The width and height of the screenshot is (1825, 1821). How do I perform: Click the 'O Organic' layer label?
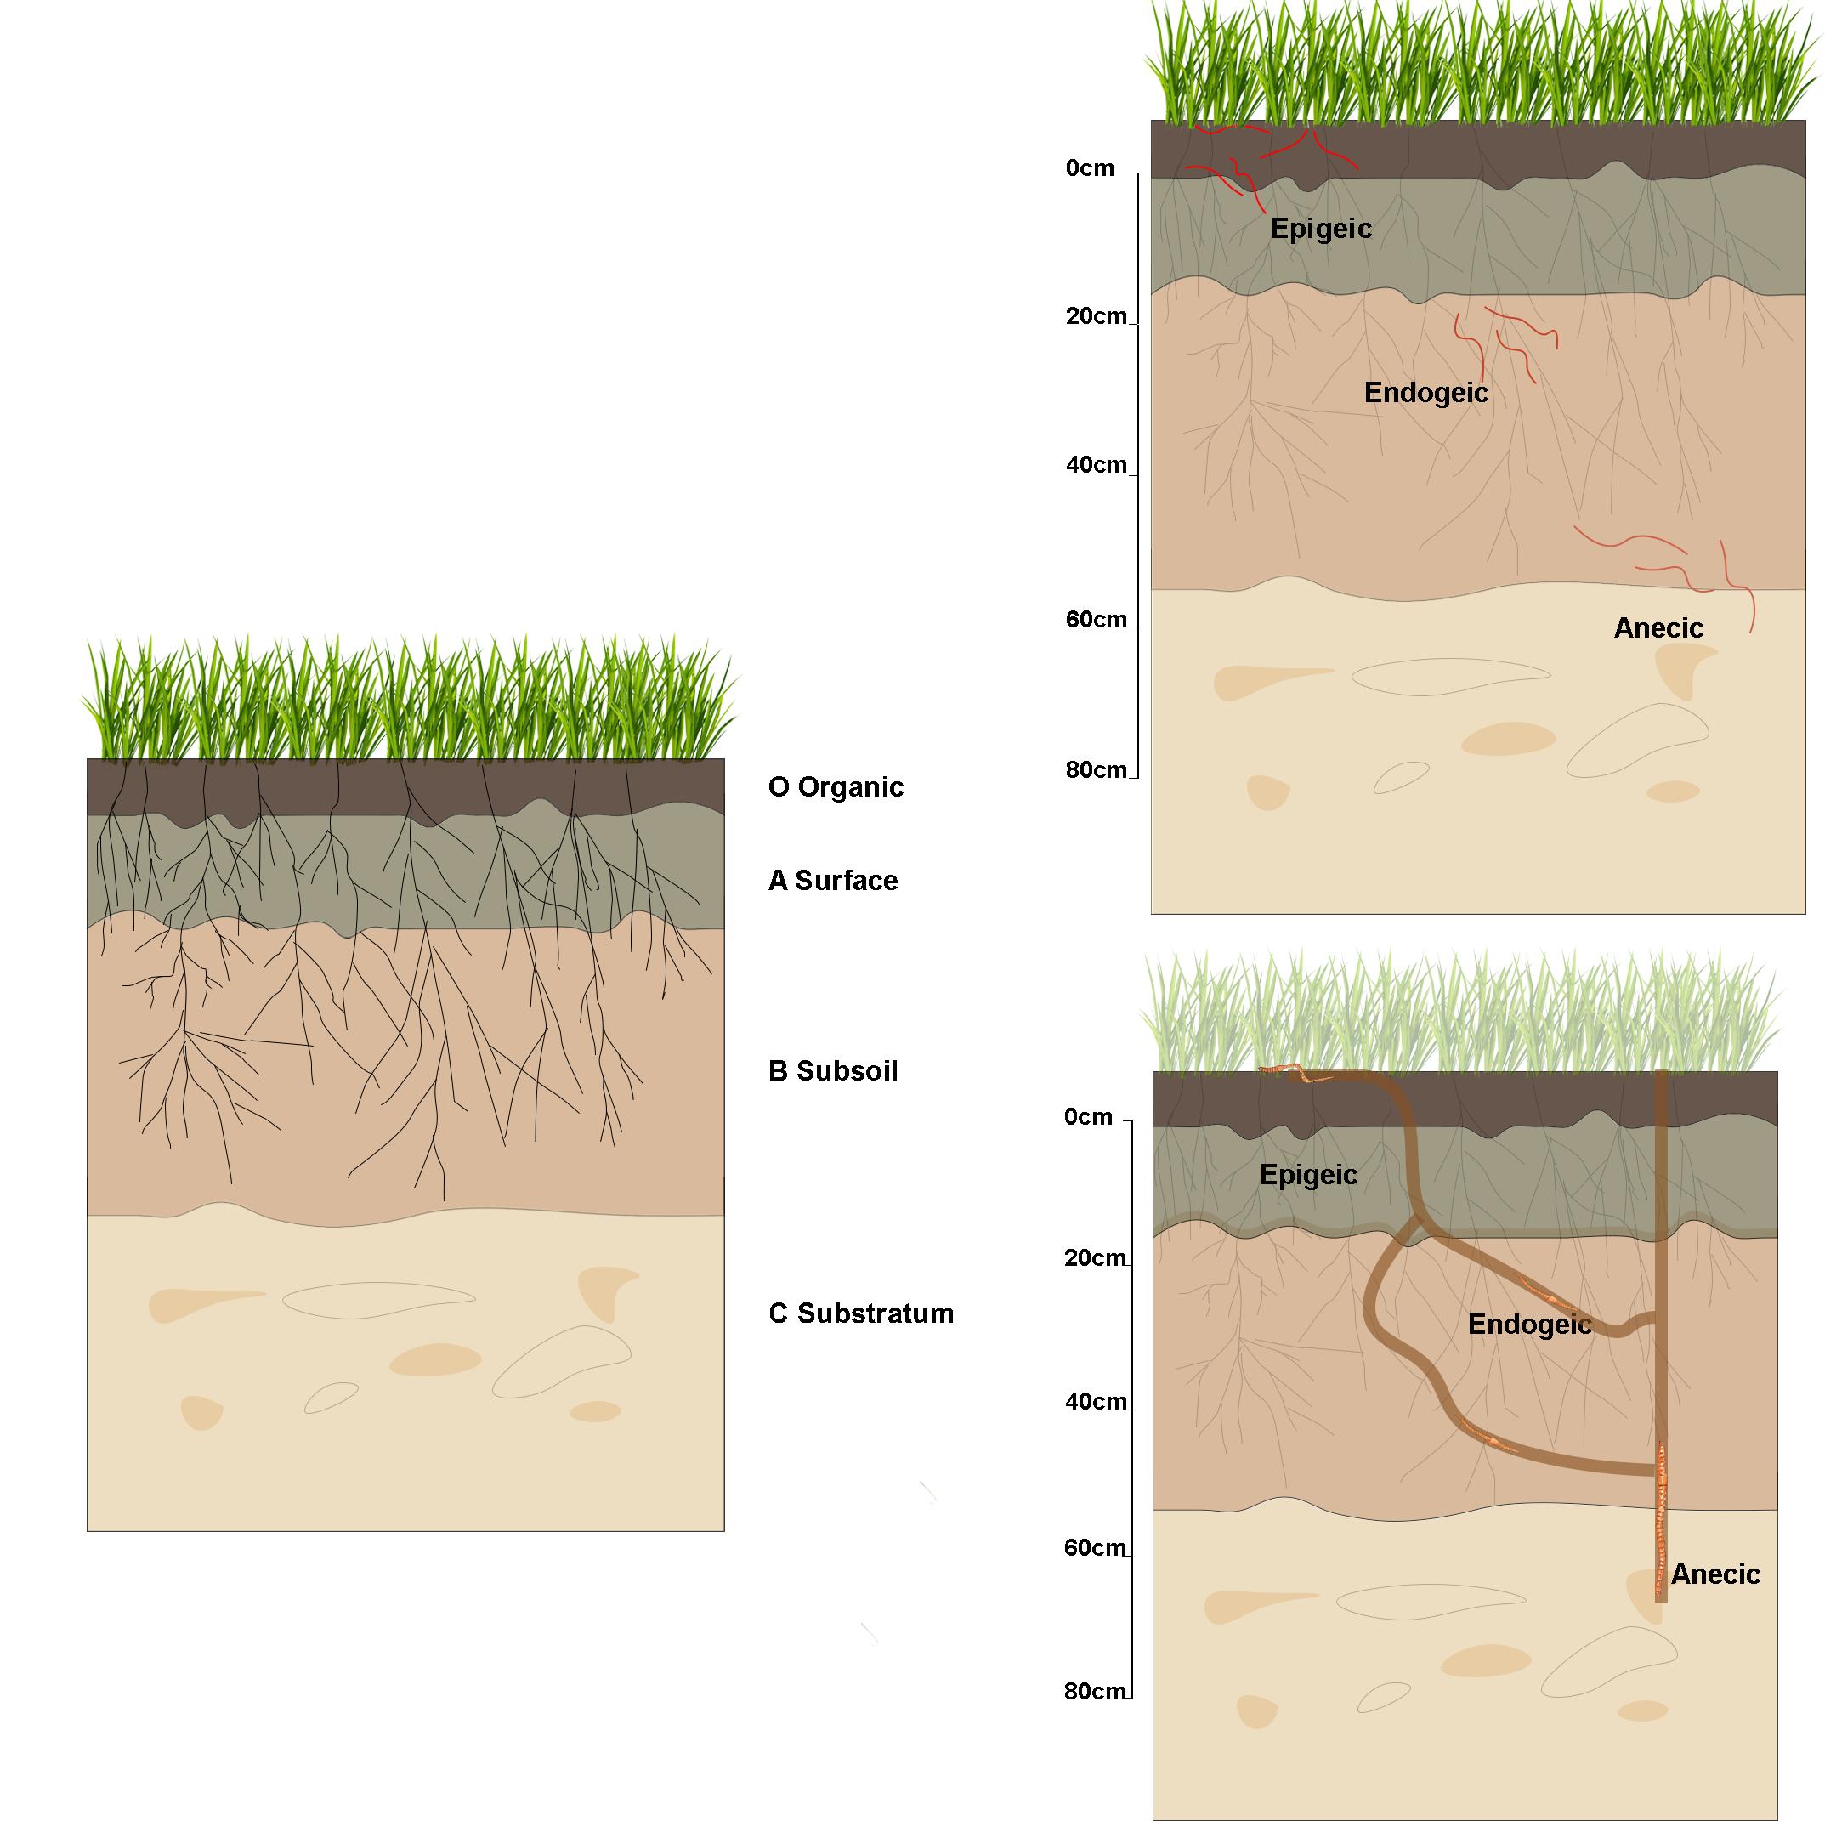pyautogui.click(x=835, y=786)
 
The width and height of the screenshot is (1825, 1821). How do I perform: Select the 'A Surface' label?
pyautogui.click(x=832, y=880)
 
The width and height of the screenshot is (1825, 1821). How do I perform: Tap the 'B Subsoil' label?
pyautogui.click(x=832, y=1071)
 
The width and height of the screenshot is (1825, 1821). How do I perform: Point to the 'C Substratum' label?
pyautogui.click(x=860, y=1313)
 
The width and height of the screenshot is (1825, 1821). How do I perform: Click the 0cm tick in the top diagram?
pyautogui.click(x=1131, y=173)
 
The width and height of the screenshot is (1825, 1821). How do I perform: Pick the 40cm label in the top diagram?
pyautogui.click(x=1096, y=465)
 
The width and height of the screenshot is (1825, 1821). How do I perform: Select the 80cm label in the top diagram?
pyautogui.click(x=1096, y=769)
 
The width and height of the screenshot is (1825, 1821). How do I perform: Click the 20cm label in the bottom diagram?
pyautogui.click(x=1095, y=1258)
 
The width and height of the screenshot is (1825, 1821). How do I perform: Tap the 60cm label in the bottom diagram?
pyautogui.click(x=1095, y=1548)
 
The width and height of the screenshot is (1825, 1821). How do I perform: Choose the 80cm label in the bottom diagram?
pyautogui.click(x=1095, y=1691)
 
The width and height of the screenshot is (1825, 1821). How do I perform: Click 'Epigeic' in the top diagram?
pyautogui.click(x=1321, y=229)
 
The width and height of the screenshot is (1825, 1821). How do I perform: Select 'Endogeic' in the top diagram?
pyautogui.click(x=1425, y=393)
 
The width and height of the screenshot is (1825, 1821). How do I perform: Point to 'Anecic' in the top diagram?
pyautogui.click(x=1658, y=628)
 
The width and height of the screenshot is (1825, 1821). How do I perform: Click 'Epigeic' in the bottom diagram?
pyautogui.click(x=1308, y=1175)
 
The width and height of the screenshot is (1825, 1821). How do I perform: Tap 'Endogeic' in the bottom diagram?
pyautogui.click(x=1529, y=1325)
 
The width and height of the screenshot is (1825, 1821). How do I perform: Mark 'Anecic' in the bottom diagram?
pyautogui.click(x=1715, y=1574)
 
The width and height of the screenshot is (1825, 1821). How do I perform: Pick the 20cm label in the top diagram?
pyautogui.click(x=1096, y=316)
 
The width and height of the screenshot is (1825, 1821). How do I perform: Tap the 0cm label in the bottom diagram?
pyautogui.click(x=1088, y=1117)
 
